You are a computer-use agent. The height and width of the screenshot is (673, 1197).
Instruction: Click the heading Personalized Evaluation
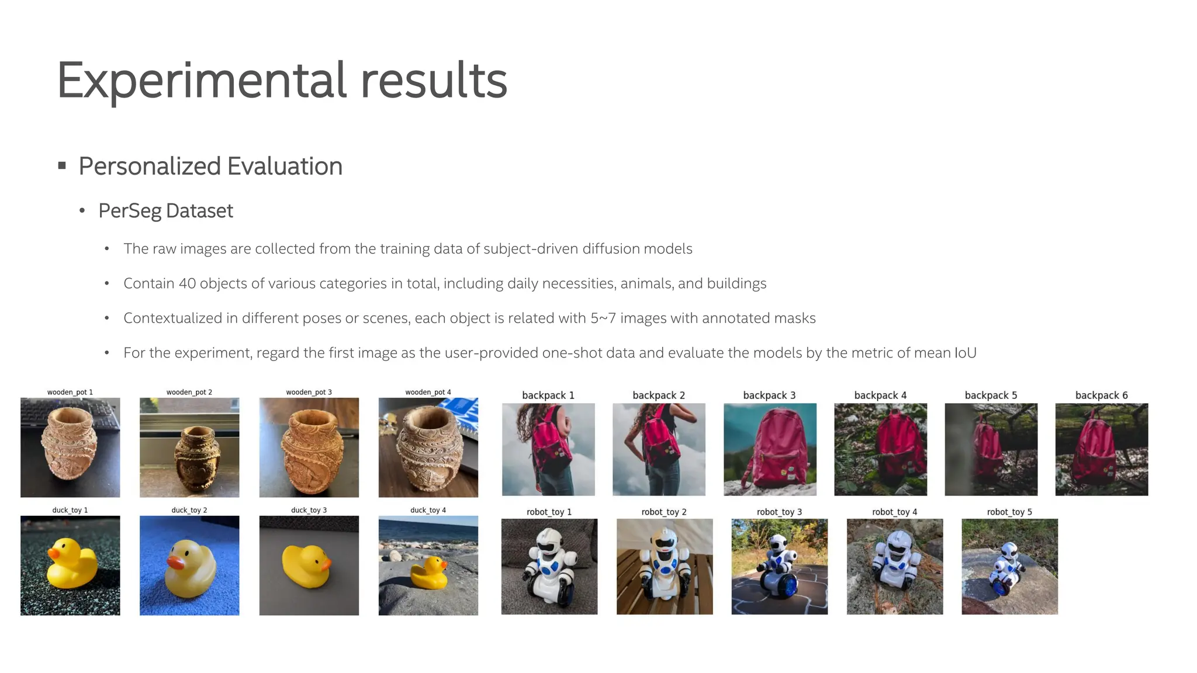pyautogui.click(x=210, y=166)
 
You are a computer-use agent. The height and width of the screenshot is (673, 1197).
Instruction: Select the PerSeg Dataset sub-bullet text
pyautogui.click(x=165, y=211)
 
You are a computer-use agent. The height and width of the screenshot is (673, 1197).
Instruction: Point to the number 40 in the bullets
pyautogui.click(x=187, y=284)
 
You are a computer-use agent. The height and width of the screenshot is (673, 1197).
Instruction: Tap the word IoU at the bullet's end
pyautogui.click(x=965, y=353)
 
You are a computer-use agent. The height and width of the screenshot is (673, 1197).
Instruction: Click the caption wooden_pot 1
pyautogui.click(x=70, y=392)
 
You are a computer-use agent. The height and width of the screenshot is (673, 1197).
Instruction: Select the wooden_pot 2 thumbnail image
pyautogui.click(x=189, y=447)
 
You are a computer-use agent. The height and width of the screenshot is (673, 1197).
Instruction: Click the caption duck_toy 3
pyautogui.click(x=309, y=510)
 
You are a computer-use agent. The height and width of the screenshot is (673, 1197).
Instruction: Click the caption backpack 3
pyautogui.click(x=769, y=396)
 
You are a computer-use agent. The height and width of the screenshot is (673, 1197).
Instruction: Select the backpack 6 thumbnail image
pyautogui.click(x=1101, y=449)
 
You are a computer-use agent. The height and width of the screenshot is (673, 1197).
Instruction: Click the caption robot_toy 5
pyautogui.click(x=1009, y=512)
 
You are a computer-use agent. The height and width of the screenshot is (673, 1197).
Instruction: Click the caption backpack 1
pyautogui.click(x=548, y=396)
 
